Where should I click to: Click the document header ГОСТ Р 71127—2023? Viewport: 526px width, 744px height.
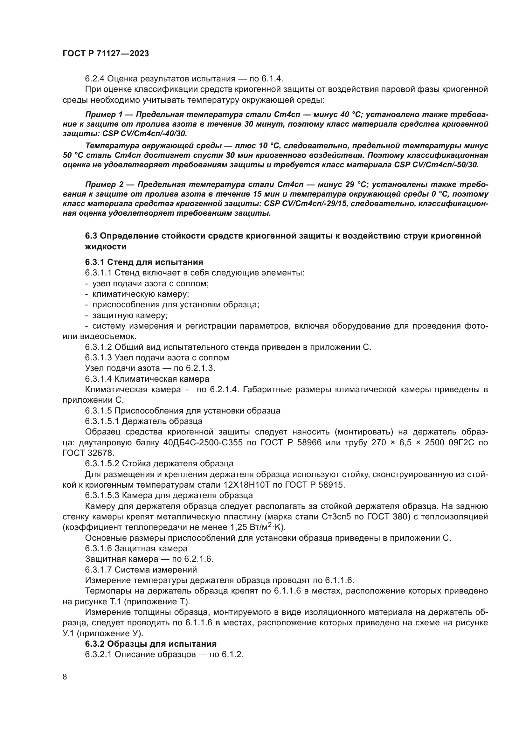click(x=106, y=54)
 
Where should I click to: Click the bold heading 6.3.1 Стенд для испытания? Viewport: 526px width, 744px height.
click(x=144, y=262)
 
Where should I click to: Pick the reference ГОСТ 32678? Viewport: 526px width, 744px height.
click(x=88, y=453)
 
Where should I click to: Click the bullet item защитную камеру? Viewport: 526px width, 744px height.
click(x=129, y=315)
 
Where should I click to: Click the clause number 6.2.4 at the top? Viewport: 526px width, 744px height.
click(x=94, y=79)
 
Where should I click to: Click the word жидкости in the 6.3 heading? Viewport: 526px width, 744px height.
click(x=106, y=247)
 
